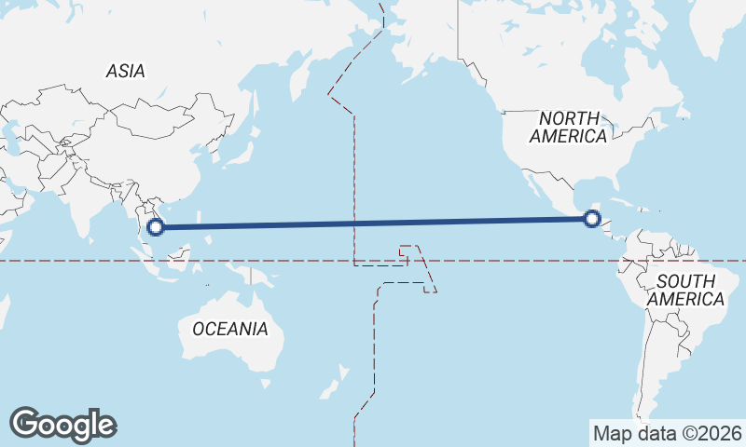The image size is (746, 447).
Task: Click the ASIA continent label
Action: pos(126,71)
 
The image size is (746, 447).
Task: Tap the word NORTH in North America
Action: pos(569,118)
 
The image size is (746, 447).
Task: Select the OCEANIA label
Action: pos(229,329)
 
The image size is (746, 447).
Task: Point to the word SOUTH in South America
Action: pos(685,281)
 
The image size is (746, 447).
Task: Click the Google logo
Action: pos(62,425)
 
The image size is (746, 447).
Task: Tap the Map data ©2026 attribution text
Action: pos(667,433)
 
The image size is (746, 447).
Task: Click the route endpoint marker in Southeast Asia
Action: pos(157,225)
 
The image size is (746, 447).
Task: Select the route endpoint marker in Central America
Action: pos(590,219)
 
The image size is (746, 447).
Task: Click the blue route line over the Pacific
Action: pos(373,223)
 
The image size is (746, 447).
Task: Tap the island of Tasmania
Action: pos(267,383)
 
